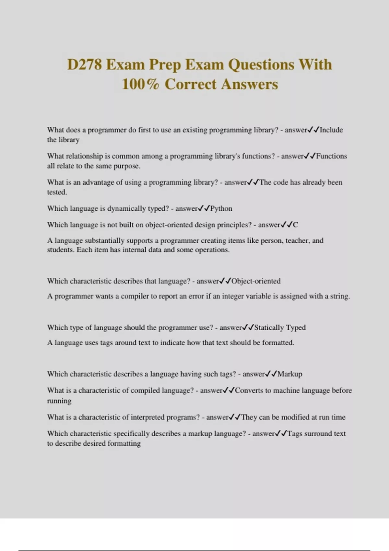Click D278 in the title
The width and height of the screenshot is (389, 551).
click(85, 64)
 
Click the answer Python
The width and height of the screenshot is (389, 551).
click(221, 208)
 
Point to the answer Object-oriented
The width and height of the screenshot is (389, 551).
click(256, 281)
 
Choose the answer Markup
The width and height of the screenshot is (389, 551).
click(290, 374)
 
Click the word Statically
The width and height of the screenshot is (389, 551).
click(269, 328)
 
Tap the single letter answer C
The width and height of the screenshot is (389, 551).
click(295, 225)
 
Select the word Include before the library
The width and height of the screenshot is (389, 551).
click(331, 130)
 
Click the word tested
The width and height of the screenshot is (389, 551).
click(57, 192)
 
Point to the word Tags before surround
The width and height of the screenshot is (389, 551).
click(295, 434)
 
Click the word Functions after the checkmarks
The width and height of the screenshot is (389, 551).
click(331, 156)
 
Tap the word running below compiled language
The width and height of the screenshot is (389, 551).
click(59, 401)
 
